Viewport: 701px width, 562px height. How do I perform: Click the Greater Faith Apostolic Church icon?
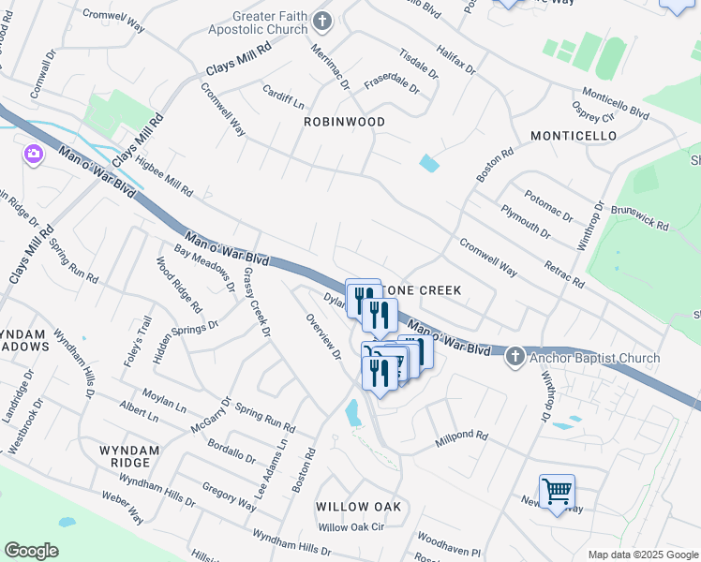322,21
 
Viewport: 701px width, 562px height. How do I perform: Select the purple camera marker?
34,153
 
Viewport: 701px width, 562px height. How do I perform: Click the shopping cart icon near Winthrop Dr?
557,490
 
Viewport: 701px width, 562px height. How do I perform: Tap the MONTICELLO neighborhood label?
574,136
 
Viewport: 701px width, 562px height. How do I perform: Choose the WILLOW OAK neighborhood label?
358,507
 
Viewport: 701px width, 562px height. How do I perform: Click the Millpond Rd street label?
462,436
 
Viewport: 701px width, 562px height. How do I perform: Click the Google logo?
31,551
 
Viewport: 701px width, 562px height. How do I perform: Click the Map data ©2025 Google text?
641,555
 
